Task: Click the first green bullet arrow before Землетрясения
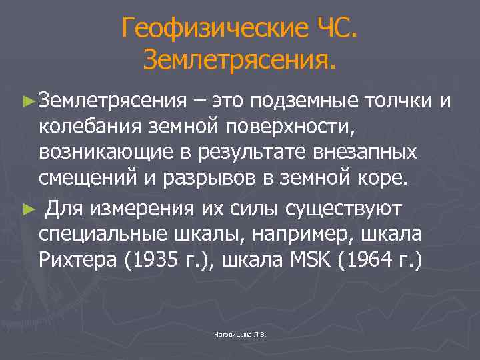pos(27,101)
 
